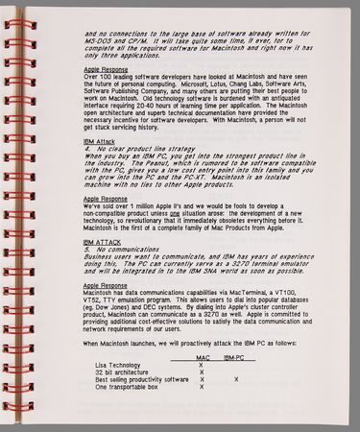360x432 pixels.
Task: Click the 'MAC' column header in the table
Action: click(x=203, y=356)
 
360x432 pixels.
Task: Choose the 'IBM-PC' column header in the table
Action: click(x=233, y=356)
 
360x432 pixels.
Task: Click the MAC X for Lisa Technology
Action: click(x=202, y=365)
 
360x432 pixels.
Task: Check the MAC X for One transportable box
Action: click(x=202, y=388)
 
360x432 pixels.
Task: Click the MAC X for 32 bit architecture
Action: click(x=202, y=372)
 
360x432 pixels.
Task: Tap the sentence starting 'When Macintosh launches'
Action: click(x=173, y=343)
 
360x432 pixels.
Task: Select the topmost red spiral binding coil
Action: click(x=13, y=12)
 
